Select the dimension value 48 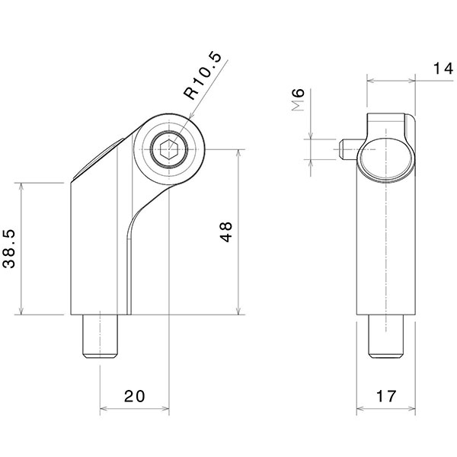click(226, 232)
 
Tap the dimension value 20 click(135, 397)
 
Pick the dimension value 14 click(441, 69)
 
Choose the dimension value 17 click(387, 397)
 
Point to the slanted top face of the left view click(97, 160)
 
